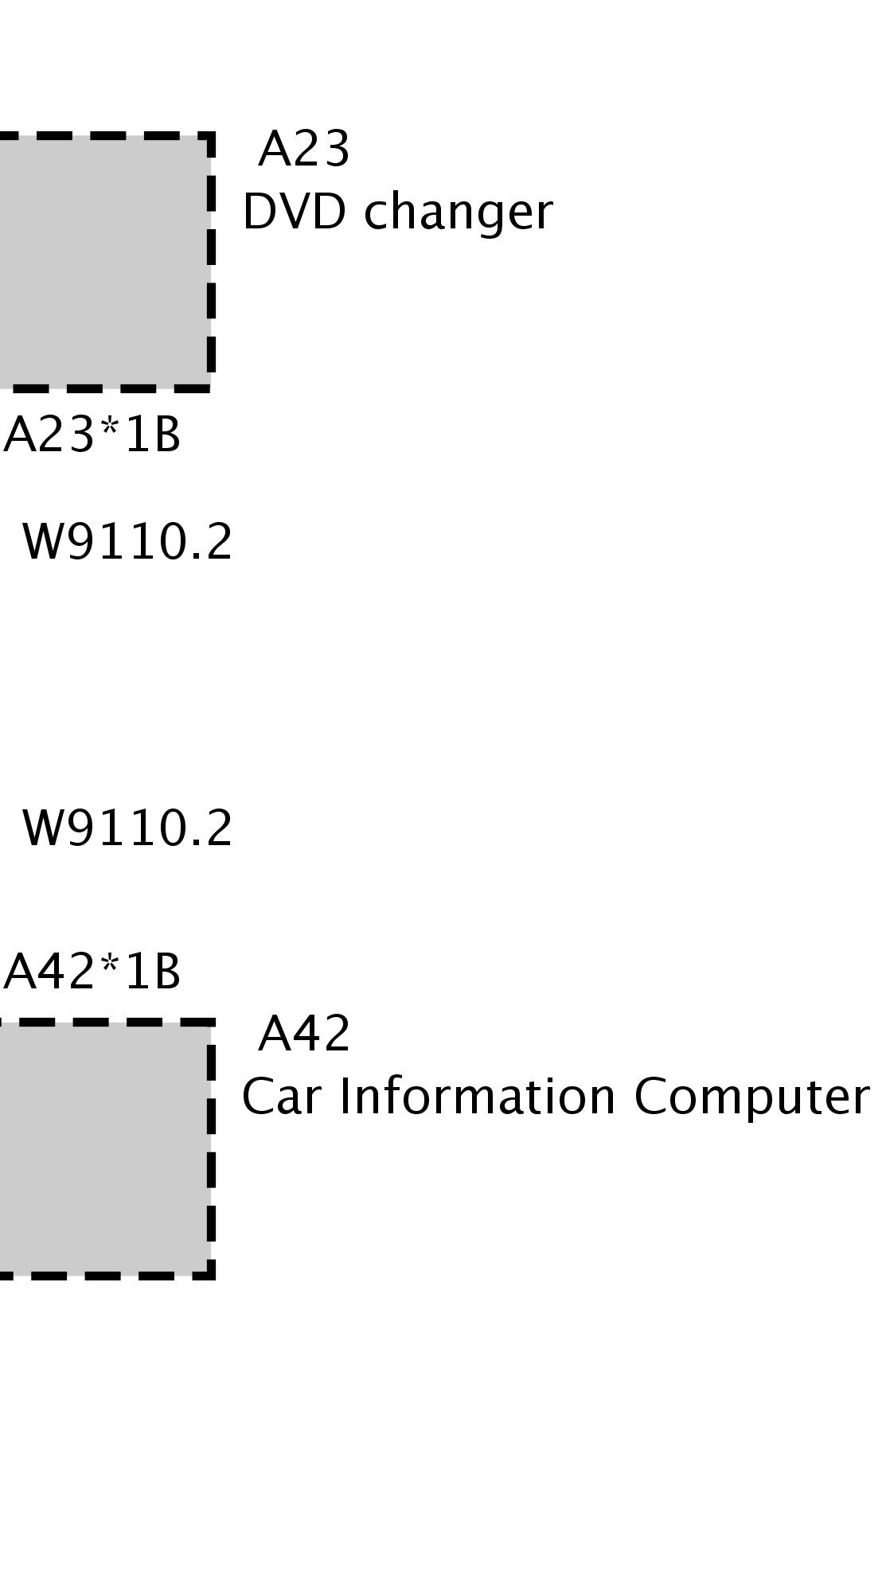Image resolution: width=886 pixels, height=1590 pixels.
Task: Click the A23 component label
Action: click(303, 150)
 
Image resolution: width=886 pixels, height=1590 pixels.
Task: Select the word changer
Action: click(458, 214)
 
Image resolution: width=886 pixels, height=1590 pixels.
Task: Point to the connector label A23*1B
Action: click(92, 437)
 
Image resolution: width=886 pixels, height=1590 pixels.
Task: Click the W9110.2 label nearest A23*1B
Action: click(127, 543)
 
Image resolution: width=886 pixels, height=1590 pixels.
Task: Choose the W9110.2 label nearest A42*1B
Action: click(127, 828)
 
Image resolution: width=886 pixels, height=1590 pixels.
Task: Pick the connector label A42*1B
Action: click(92, 972)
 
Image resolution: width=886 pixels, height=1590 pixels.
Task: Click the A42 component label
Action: click(304, 1035)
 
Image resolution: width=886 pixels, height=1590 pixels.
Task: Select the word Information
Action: click(478, 1097)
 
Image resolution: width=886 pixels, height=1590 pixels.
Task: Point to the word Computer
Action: click(751, 1098)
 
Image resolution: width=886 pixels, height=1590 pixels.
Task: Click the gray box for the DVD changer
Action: click(103, 263)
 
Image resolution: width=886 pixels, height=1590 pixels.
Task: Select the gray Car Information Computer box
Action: click(103, 1148)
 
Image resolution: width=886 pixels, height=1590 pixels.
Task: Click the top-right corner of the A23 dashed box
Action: click(211, 135)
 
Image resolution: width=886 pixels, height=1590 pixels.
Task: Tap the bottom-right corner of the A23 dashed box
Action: click(211, 388)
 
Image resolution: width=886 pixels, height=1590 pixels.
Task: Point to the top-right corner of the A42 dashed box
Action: click(212, 1021)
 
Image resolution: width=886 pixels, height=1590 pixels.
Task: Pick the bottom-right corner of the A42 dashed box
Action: click(212, 1275)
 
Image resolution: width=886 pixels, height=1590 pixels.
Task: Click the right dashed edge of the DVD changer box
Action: click(211, 263)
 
